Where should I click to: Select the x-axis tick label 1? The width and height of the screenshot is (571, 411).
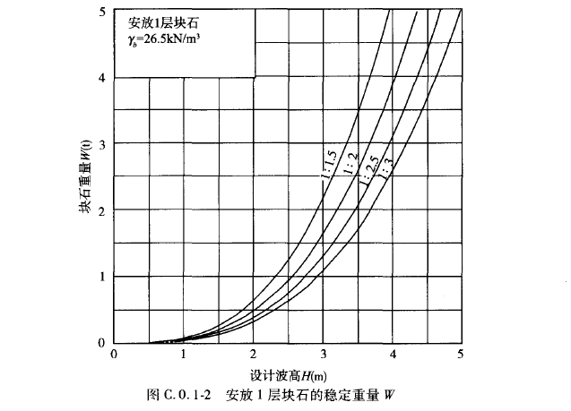(x=184, y=355)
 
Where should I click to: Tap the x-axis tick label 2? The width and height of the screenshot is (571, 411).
(x=253, y=355)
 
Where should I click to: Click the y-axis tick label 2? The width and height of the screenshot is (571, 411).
(x=103, y=210)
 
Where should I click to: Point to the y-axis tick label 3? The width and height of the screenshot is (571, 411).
(x=103, y=144)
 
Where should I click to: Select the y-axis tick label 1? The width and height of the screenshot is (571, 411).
(x=103, y=277)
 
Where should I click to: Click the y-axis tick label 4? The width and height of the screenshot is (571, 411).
(x=103, y=78)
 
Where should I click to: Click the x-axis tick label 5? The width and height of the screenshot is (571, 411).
(x=460, y=355)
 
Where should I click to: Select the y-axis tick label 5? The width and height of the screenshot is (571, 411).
(x=103, y=12)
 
